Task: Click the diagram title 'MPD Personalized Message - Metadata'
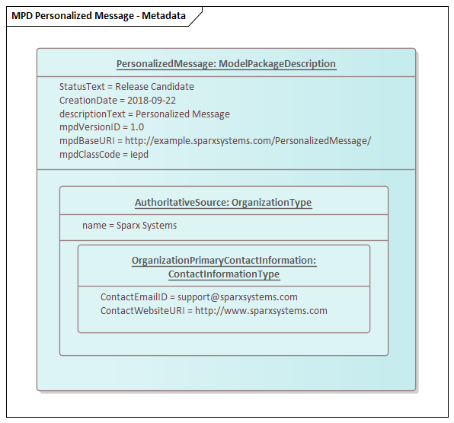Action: [98, 16]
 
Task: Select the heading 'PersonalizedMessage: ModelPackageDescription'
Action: [226, 64]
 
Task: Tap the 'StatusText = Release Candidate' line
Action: [126, 87]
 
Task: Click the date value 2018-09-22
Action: [152, 101]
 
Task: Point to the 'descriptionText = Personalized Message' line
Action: [145, 114]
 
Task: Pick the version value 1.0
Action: [137, 127]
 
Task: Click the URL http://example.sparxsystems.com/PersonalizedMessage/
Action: [248, 141]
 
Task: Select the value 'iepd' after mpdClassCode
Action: [139, 155]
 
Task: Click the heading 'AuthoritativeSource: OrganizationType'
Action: [223, 203]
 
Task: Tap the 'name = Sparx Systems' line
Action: [129, 226]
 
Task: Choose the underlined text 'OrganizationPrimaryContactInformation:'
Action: [224, 261]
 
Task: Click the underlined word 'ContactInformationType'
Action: [224, 274]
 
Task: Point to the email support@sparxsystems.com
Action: [238, 297]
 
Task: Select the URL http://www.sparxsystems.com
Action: [261, 311]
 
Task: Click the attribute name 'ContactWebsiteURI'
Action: [142, 311]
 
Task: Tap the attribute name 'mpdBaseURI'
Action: [87, 141]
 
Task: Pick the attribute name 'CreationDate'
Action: [88, 101]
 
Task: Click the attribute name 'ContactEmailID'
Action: [134, 297]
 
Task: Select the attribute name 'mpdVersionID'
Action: [90, 127]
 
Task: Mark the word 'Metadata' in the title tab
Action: [164, 16]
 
